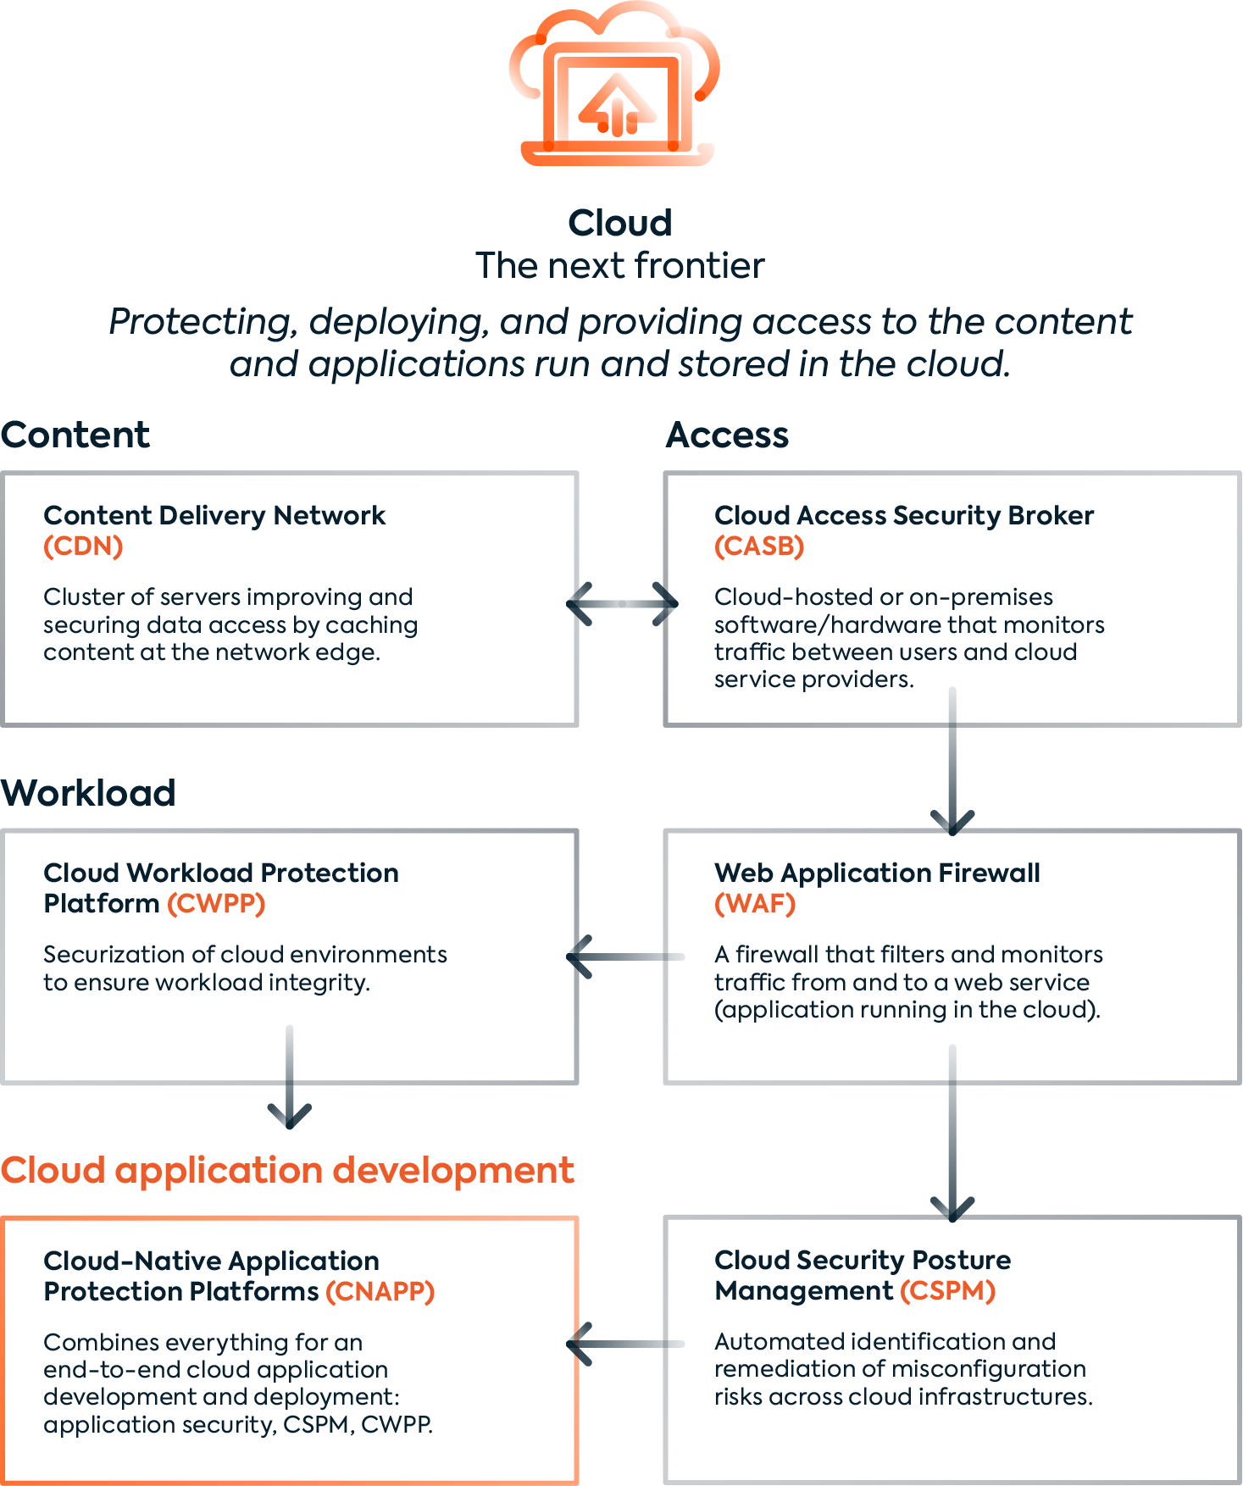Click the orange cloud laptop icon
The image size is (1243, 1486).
click(x=614, y=85)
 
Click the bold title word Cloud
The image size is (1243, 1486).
click(x=620, y=224)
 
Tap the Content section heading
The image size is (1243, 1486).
click(x=75, y=435)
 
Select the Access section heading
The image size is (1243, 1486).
click(x=727, y=435)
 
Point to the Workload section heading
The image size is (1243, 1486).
click(x=88, y=793)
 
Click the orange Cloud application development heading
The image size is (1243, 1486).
click(x=287, y=1171)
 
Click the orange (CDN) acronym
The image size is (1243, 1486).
click(x=83, y=546)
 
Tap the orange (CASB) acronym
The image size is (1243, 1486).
click(x=759, y=546)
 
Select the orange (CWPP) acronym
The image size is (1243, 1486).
click(x=216, y=904)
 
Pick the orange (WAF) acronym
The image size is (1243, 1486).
click(x=755, y=904)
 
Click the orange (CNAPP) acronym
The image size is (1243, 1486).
click(x=380, y=1292)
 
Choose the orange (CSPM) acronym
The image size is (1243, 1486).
click(x=947, y=1291)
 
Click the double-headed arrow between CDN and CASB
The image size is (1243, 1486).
click(x=622, y=604)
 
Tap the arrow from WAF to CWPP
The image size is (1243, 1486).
click(x=625, y=956)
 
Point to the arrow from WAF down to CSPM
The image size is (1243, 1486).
click(x=952, y=1133)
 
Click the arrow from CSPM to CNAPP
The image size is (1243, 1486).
click(x=625, y=1344)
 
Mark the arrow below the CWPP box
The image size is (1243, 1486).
click(x=290, y=1077)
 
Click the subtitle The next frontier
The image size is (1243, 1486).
click(x=620, y=266)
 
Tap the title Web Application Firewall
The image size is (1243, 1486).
click(x=877, y=873)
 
